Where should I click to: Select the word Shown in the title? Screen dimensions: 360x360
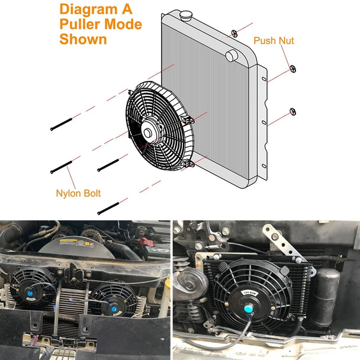pos(83,40)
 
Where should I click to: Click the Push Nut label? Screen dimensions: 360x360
pos(274,41)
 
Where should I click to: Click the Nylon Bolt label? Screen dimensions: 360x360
pos(78,193)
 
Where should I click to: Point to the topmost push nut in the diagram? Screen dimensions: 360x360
pos(234,33)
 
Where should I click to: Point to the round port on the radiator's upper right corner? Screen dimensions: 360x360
pos(232,55)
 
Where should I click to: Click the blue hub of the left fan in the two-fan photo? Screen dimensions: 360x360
pos(30,291)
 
